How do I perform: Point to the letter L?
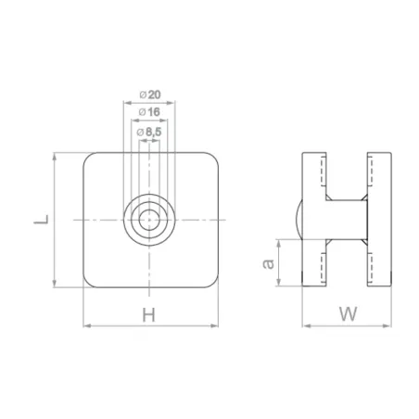(40, 220)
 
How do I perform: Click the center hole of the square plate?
(148, 220)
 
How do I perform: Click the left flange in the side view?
(314, 220)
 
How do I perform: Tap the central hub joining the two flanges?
(348, 220)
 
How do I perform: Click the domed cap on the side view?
(299, 220)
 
